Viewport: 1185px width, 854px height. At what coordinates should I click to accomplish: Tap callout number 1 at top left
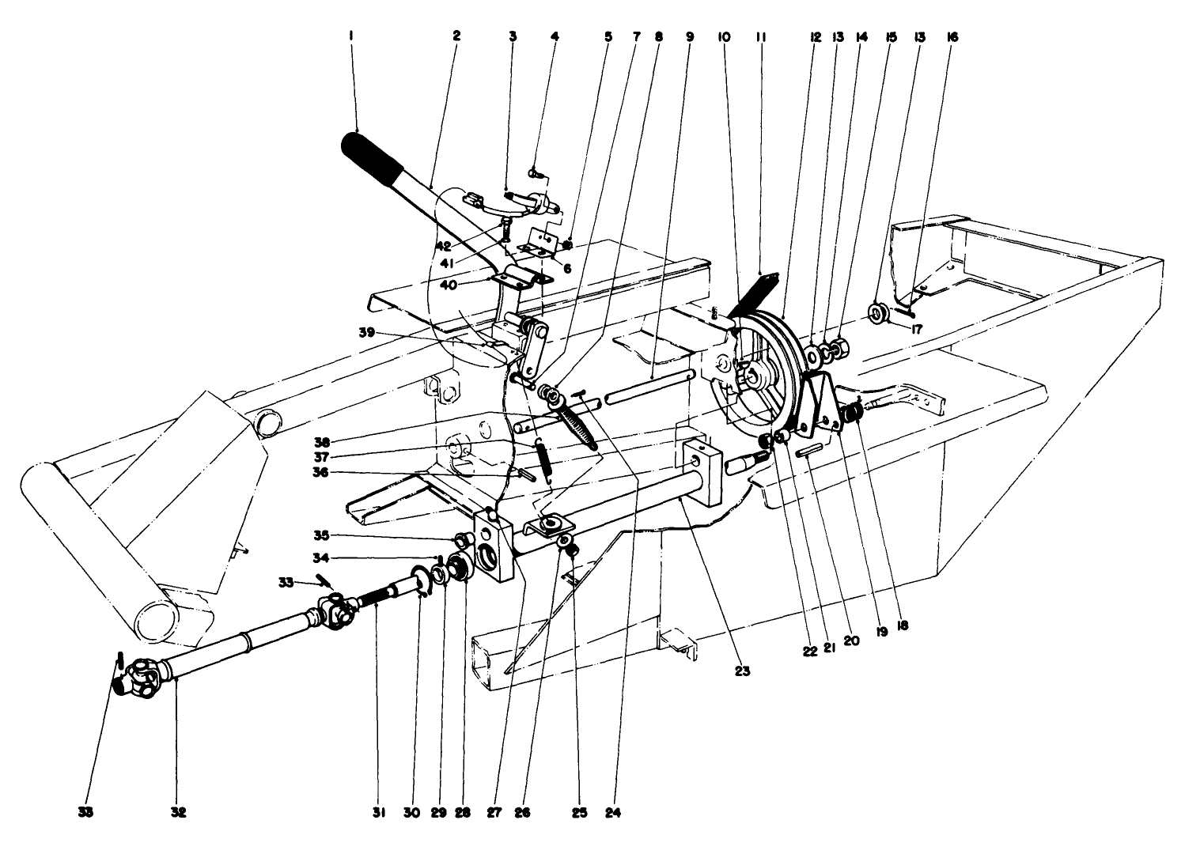350,36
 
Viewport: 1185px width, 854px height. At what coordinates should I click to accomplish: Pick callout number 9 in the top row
690,36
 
